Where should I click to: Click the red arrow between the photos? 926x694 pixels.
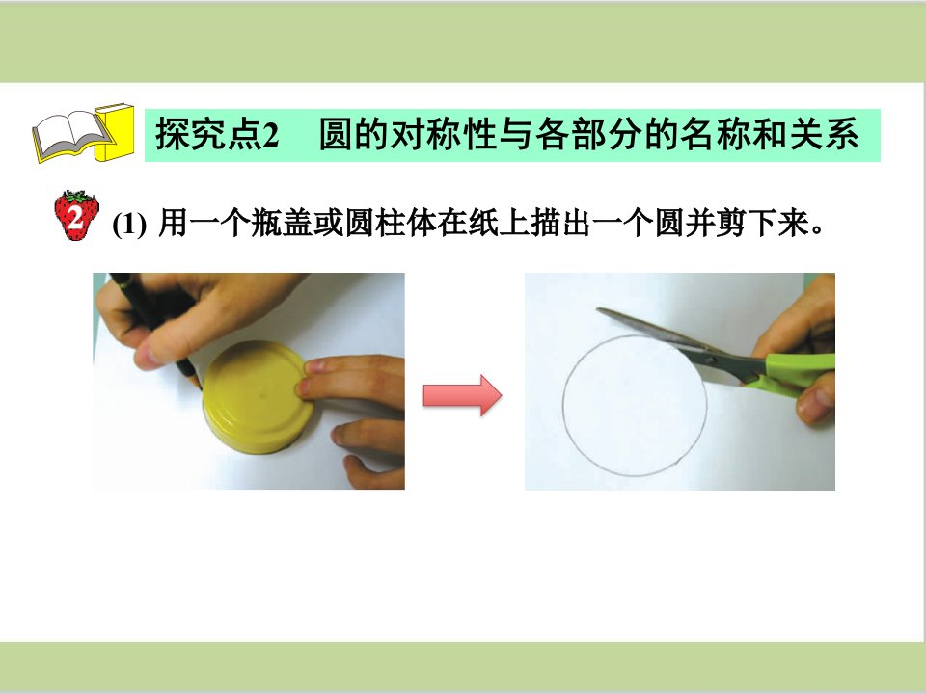[462, 395]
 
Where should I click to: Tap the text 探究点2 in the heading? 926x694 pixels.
[217, 134]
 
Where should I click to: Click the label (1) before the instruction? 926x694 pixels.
[128, 225]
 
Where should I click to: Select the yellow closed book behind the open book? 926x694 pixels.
[114, 133]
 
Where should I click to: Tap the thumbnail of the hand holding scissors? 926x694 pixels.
[680, 382]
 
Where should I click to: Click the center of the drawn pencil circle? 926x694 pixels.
[635, 406]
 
